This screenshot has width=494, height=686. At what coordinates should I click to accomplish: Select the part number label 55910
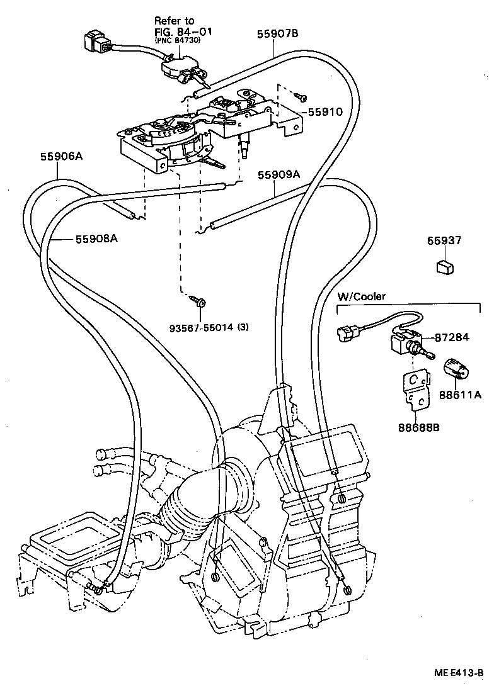point(325,112)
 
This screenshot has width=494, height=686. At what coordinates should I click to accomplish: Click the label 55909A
point(279,174)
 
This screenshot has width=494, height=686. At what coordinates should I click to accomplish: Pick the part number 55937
point(444,241)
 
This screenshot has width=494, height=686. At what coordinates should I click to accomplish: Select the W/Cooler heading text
point(362,296)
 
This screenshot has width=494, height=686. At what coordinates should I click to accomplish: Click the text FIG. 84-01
point(178,31)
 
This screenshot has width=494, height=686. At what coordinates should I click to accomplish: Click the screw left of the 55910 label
point(302,96)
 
